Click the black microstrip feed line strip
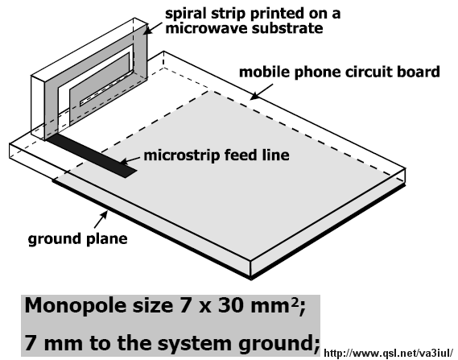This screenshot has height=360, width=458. tap(92, 155)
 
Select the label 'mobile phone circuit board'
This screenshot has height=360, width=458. tap(340, 72)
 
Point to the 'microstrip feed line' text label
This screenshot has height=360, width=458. tap(217, 155)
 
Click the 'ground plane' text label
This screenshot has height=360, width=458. tap(78, 238)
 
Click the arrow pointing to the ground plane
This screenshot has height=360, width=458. tap(101, 219)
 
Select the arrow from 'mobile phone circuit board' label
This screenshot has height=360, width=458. tap(262, 92)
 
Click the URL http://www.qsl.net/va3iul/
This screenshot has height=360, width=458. tap(389, 353)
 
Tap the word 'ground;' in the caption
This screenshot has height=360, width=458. tap(279, 344)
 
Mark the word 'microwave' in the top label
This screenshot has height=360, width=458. tap(207, 28)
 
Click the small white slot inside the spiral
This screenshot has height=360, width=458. tap(105, 93)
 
